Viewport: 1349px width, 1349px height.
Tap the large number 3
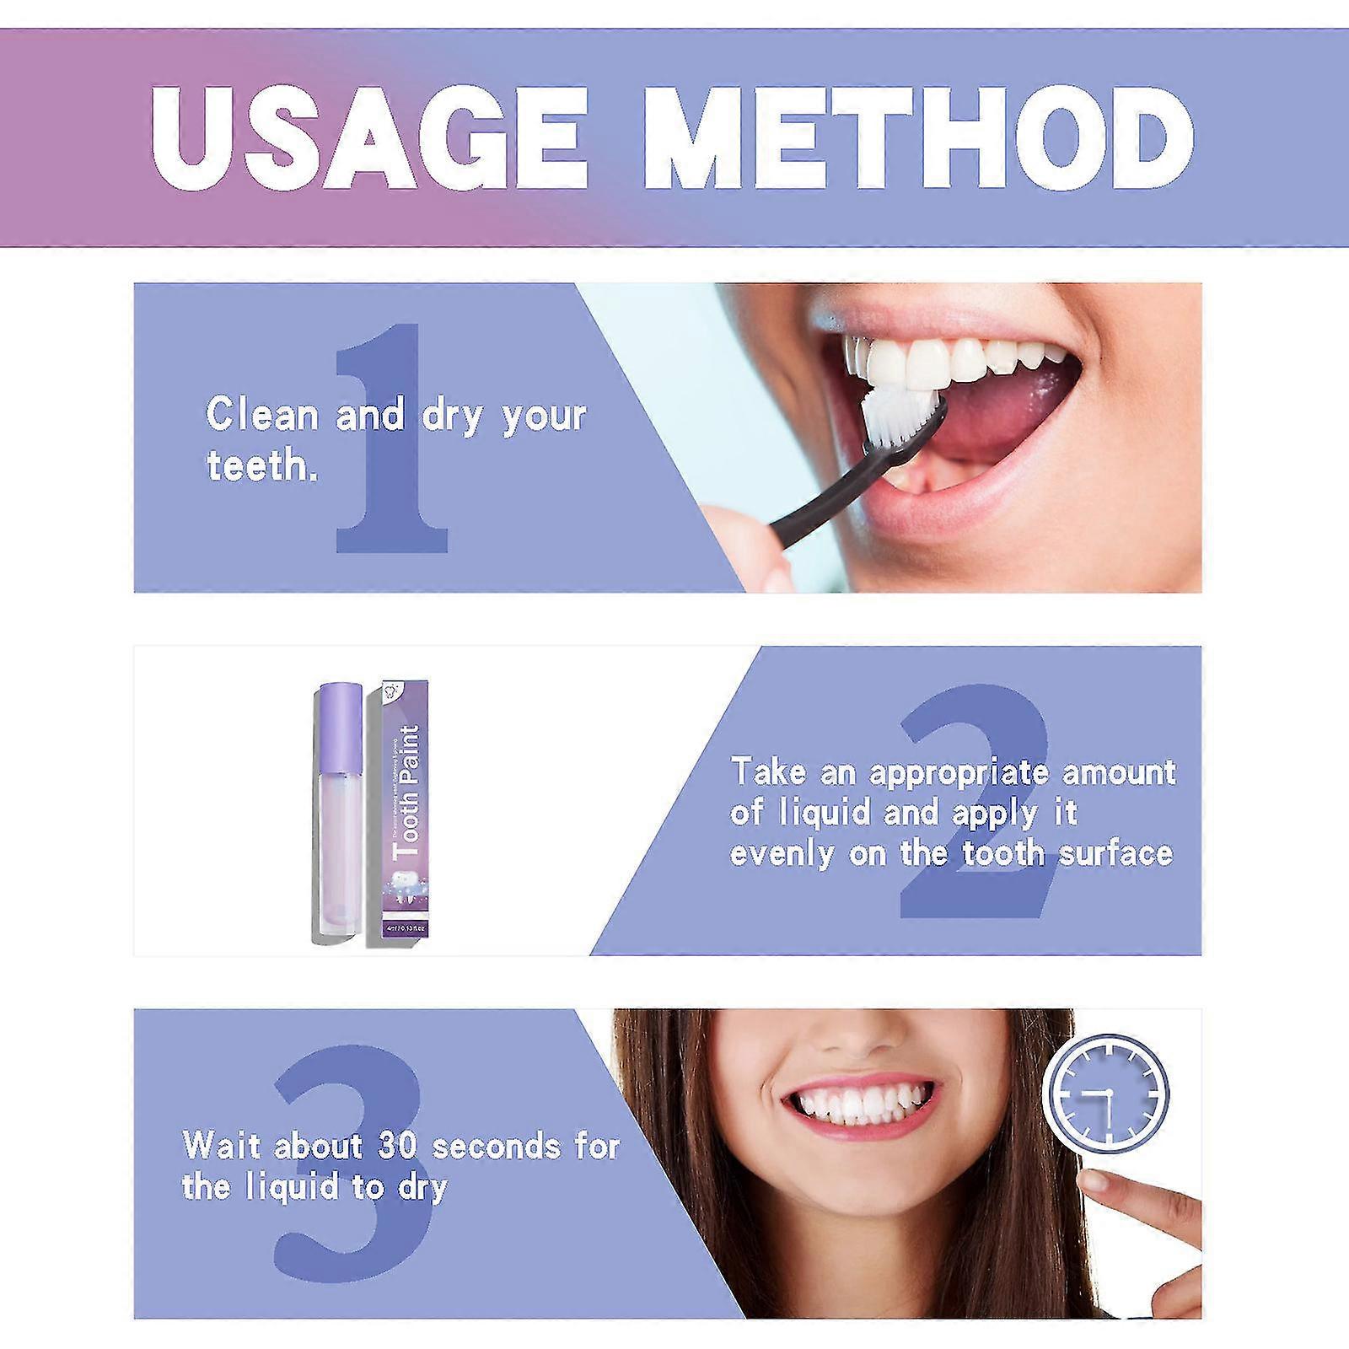tap(350, 1164)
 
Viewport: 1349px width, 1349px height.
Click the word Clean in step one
tap(262, 416)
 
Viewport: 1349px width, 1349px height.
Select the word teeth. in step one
tap(262, 466)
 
